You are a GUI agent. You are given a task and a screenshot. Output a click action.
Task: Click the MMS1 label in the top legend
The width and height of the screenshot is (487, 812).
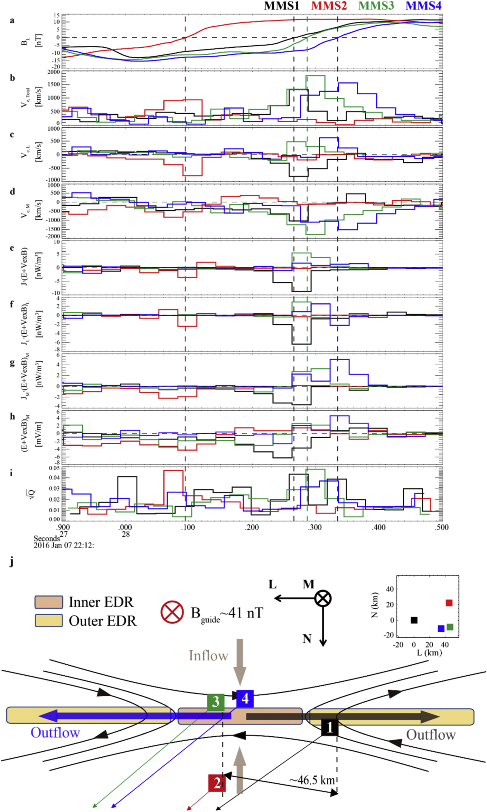click(x=282, y=6)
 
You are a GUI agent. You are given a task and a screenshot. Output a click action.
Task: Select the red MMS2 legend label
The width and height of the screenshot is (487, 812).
click(x=329, y=6)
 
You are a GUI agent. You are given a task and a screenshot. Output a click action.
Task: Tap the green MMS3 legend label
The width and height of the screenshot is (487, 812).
click(x=376, y=6)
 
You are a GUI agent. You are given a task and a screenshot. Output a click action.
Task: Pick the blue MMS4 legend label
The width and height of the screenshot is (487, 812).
click(x=423, y=6)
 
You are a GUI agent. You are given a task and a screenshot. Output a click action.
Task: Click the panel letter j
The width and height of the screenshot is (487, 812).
click(x=12, y=562)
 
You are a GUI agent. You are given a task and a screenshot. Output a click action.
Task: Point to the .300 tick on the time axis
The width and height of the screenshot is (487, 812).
click(x=315, y=527)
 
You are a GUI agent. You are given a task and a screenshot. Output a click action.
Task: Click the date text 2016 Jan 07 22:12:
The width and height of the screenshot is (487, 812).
click(x=64, y=545)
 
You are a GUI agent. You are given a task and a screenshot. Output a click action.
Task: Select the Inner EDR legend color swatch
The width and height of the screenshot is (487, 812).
click(x=49, y=602)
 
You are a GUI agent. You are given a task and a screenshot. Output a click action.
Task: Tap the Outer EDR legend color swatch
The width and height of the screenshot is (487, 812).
click(x=49, y=620)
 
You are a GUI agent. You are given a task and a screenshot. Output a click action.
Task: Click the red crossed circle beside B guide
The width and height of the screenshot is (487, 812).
click(x=172, y=612)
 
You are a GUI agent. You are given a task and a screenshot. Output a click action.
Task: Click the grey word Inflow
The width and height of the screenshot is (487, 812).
click(x=208, y=656)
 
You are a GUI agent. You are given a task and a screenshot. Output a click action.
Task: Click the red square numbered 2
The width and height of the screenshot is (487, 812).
click(x=217, y=783)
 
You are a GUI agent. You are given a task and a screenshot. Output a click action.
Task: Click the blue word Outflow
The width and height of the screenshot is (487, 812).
click(x=55, y=733)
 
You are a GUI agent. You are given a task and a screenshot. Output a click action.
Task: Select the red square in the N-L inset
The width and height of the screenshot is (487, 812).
click(x=449, y=603)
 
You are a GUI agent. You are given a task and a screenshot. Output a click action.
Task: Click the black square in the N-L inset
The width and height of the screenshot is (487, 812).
click(x=414, y=620)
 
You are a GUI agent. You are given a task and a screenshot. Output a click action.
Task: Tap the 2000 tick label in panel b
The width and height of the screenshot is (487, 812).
click(x=54, y=72)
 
